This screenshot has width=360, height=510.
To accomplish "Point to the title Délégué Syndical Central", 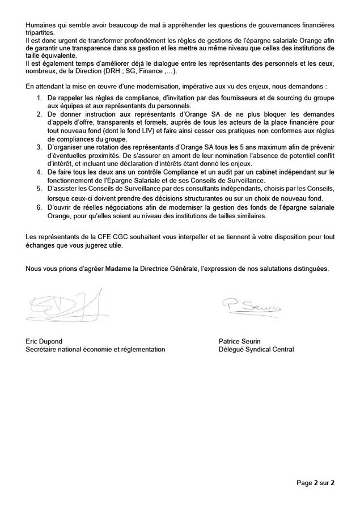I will click(256, 350).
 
